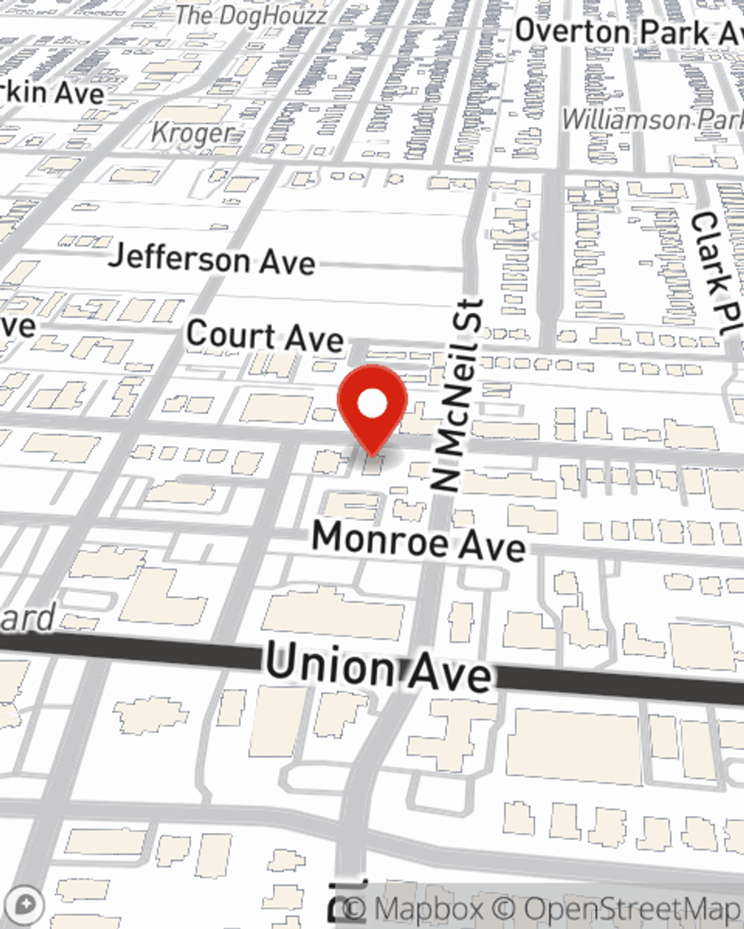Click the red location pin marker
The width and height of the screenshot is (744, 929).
[372, 409]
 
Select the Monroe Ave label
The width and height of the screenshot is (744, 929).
[418, 541]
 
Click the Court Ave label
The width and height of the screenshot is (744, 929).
[265, 337]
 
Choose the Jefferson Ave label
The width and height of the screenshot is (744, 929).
[212, 259]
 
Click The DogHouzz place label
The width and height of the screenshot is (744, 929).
[251, 16]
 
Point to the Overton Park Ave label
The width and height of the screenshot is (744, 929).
[629, 32]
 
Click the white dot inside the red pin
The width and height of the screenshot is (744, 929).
[373, 404]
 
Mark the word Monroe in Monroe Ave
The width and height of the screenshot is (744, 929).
[379, 538]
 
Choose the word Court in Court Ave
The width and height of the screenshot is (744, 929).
[229, 334]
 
